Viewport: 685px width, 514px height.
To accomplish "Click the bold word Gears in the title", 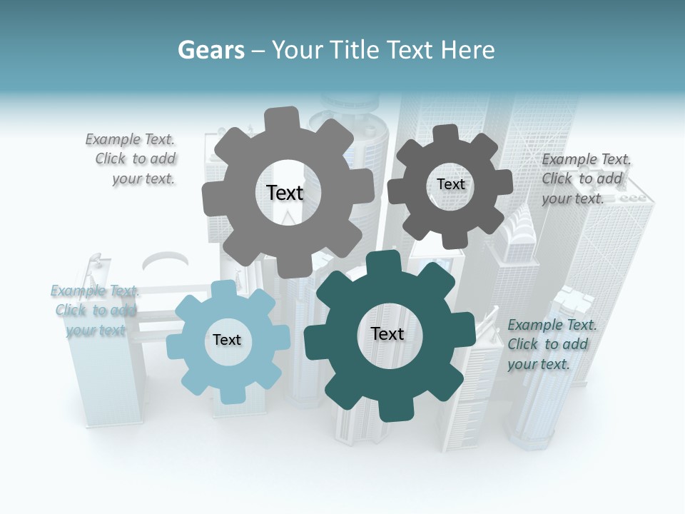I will click(210, 50).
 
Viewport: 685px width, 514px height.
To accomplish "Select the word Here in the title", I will click(468, 50).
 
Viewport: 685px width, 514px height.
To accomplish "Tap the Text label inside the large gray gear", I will click(285, 193).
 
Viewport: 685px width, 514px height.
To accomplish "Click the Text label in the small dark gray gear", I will click(450, 184).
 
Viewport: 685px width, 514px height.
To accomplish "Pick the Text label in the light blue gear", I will click(227, 340).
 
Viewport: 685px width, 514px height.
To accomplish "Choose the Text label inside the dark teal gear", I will click(387, 334).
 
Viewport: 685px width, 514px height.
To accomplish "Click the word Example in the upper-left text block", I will click(113, 140).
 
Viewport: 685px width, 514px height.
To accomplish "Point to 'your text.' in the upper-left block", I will click(143, 179).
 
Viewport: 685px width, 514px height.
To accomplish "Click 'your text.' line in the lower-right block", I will click(539, 364).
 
